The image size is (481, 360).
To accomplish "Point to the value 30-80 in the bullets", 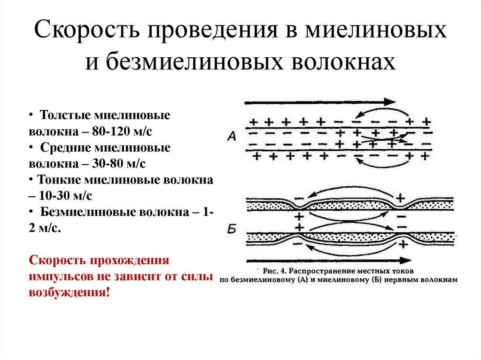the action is tap(111, 164).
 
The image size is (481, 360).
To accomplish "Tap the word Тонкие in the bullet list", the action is tap(59, 180).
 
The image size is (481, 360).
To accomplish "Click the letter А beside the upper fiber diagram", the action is tap(232, 137).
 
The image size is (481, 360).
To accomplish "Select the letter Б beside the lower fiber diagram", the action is tap(232, 229).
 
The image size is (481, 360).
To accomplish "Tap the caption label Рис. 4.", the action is tap(275, 271).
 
